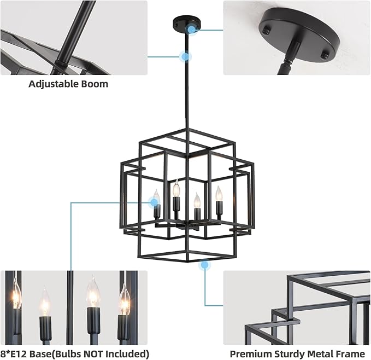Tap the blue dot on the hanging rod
coord(185,56)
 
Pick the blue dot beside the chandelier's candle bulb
coord(155,202)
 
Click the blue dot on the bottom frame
coord(204,265)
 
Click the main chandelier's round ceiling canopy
coord(186,24)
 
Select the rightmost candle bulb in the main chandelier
coord(219,194)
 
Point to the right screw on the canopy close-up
coord(327,55)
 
